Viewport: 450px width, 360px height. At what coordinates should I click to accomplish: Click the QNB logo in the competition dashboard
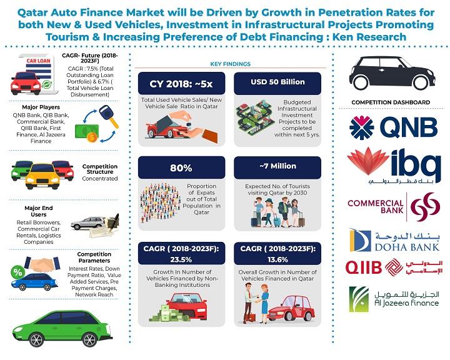pos(393,127)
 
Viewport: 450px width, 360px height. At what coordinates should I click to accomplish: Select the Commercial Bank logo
pos(394,207)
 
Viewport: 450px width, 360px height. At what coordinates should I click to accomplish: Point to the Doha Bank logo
pos(394,241)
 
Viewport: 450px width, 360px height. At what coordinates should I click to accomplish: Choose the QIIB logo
pos(394,267)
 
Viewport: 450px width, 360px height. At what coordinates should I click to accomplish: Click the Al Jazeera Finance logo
pos(394,299)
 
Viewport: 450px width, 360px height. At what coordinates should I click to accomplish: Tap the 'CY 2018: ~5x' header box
pos(181,84)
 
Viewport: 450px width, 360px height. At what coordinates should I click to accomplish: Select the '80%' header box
pos(181,167)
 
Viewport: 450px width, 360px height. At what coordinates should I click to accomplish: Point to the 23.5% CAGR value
pos(181,259)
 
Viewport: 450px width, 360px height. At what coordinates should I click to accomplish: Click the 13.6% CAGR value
pos(277,259)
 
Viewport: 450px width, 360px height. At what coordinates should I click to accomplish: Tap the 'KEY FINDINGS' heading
pos(231,64)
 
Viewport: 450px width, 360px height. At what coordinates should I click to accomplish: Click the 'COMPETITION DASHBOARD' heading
pos(391,102)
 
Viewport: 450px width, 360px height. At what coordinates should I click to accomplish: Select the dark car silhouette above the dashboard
pos(392,73)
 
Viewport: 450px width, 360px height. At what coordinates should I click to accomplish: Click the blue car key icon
pos(108,116)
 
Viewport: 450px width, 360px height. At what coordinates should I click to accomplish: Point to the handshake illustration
pos(42,264)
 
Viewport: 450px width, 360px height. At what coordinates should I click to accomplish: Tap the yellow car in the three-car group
pos(42,176)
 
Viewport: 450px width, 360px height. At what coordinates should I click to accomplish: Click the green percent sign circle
pos(17,272)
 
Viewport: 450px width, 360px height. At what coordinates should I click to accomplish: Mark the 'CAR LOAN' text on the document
pos(39,61)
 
